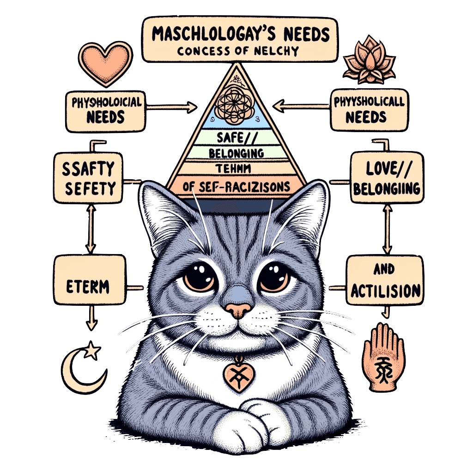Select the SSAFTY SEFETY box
coord(88,178)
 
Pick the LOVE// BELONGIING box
coord(387,177)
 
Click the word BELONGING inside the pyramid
coord(236,152)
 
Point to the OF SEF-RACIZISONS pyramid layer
coord(236,187)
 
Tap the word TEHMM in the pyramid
coord(236,167)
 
